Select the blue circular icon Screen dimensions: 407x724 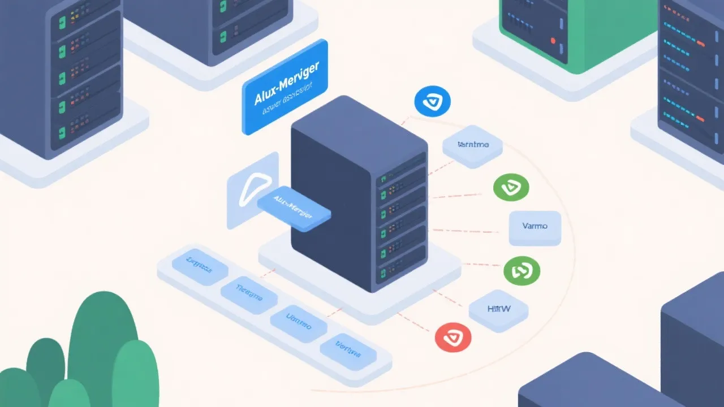(x=432, y=102)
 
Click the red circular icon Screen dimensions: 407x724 (x=453, y=338)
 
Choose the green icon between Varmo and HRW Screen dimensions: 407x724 (x=522, y=271)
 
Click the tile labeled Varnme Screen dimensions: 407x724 (x=472, y=145)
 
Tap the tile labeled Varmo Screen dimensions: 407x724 (x=535, y=228)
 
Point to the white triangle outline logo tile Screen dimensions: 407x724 (x=249, y=192)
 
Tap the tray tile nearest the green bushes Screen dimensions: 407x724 (x=200, y=263)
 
